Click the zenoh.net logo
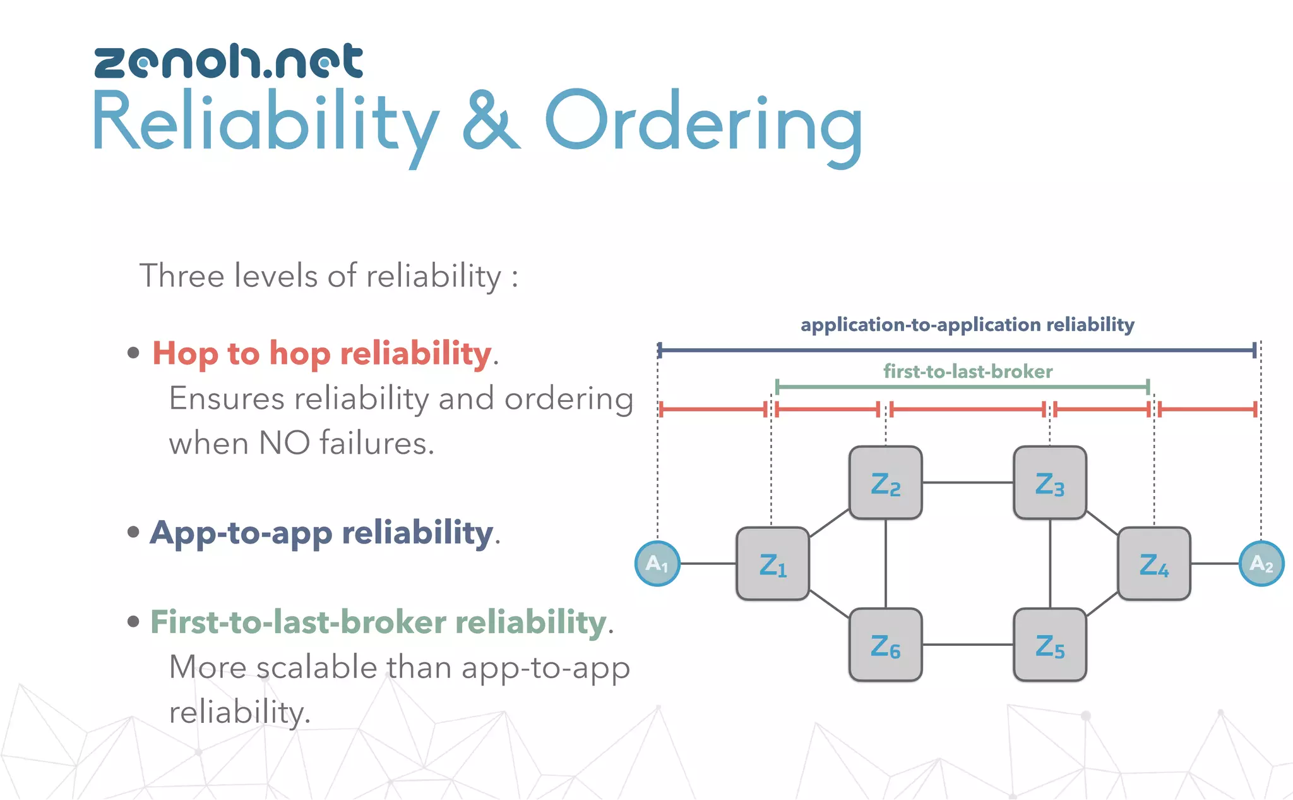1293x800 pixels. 229,61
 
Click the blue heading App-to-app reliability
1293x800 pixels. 321,532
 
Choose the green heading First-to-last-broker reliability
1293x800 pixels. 378,622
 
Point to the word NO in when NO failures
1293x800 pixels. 284,443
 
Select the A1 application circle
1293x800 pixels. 657,564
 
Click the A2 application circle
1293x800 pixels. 1261,564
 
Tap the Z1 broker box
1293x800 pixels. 773,564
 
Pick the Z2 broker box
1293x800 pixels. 885,483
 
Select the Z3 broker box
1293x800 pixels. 1049,483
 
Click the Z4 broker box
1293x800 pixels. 1154,564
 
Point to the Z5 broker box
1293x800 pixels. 1049,645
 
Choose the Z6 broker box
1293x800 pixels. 885,645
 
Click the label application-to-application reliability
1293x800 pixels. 967,325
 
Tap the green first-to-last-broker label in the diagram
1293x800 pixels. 967,372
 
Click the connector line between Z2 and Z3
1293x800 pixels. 967,483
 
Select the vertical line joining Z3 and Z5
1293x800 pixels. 1050,564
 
